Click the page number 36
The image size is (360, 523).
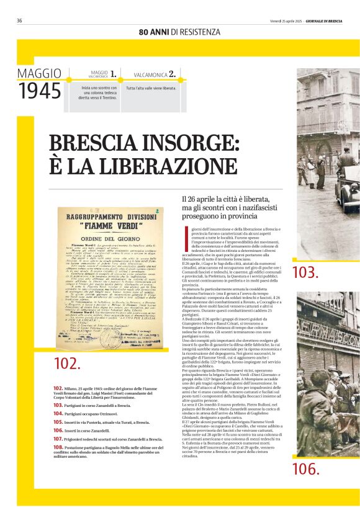point(19,20)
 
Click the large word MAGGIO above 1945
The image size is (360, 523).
point(39,73)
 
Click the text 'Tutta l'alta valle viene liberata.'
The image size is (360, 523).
point(153,88)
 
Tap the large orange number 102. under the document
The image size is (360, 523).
point(67,364)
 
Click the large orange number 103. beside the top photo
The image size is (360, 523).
point(305,272)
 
